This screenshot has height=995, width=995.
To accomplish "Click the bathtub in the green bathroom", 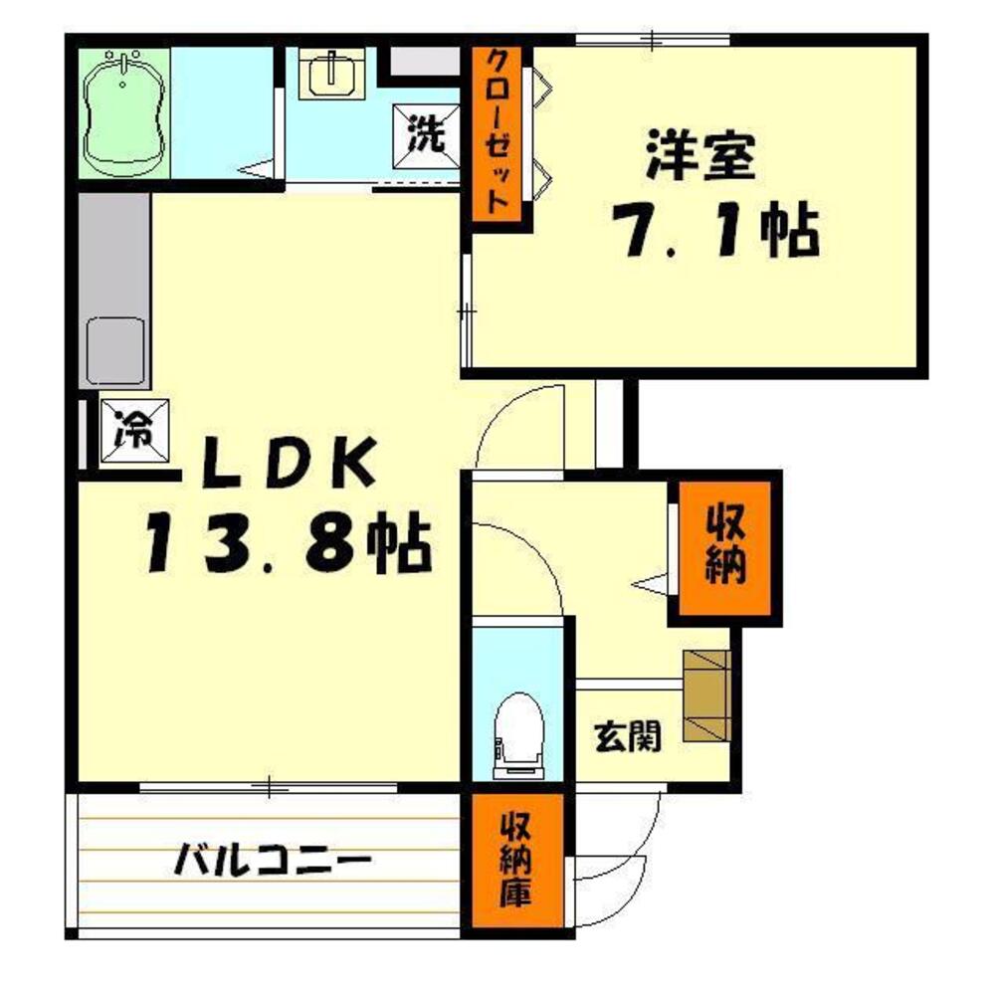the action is click(x=125, y=114).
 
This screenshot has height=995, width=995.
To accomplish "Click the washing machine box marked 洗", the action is click(x=426, y=135).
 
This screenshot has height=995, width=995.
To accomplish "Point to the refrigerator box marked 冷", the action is click(x=134, y=430).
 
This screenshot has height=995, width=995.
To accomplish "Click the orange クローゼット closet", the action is click(x=497, y=134).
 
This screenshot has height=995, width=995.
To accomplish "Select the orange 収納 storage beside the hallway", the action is click(x=724, y=548).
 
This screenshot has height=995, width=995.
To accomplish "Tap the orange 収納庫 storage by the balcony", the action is click(x=517, y=860).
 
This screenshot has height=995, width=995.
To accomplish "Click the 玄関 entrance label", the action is click(x=628, y=737).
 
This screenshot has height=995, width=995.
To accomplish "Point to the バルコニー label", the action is click(x=273, y=861).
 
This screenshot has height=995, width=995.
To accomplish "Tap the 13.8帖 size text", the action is click(x=290, y=541).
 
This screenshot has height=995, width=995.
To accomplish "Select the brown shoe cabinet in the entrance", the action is click(x=706, y=696).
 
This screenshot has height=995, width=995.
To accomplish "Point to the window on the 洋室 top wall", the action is click(x=652, y=41).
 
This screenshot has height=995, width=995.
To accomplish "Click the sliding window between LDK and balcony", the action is click(x=269, y=787).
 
